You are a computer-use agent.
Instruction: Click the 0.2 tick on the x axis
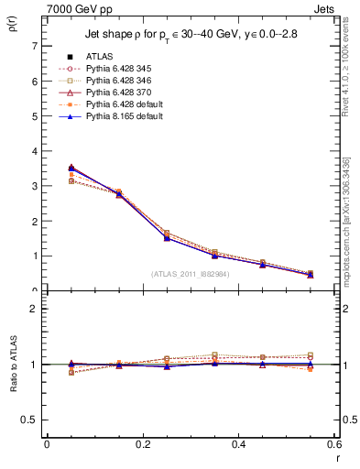click(143, 444)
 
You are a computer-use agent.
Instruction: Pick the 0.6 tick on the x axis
click(334, 444)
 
